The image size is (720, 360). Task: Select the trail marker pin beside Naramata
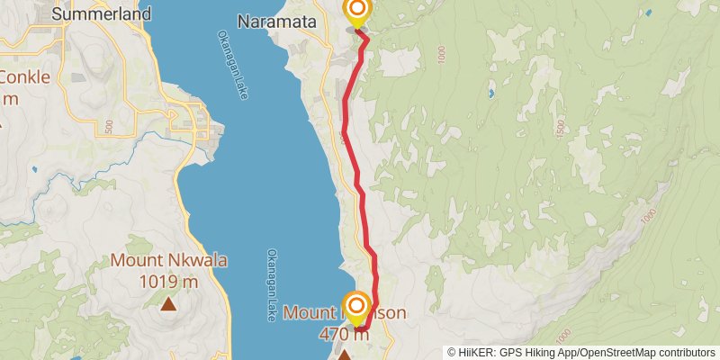click(x=357, y=12)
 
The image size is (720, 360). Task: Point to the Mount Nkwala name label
click(x=169, y=261)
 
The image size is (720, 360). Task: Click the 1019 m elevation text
click(x=169, y=281)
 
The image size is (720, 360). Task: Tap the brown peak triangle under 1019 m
click(x=168, y=304)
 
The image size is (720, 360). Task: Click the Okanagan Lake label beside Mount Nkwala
click(x=271, y=284)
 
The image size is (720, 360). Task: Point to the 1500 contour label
click(x=559, y=128)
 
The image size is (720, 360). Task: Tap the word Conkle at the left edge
click(x=25, y=76)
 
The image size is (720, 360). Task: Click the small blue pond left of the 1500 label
click(x=490, y=94)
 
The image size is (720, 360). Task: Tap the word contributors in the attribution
click(x=684, y=353)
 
